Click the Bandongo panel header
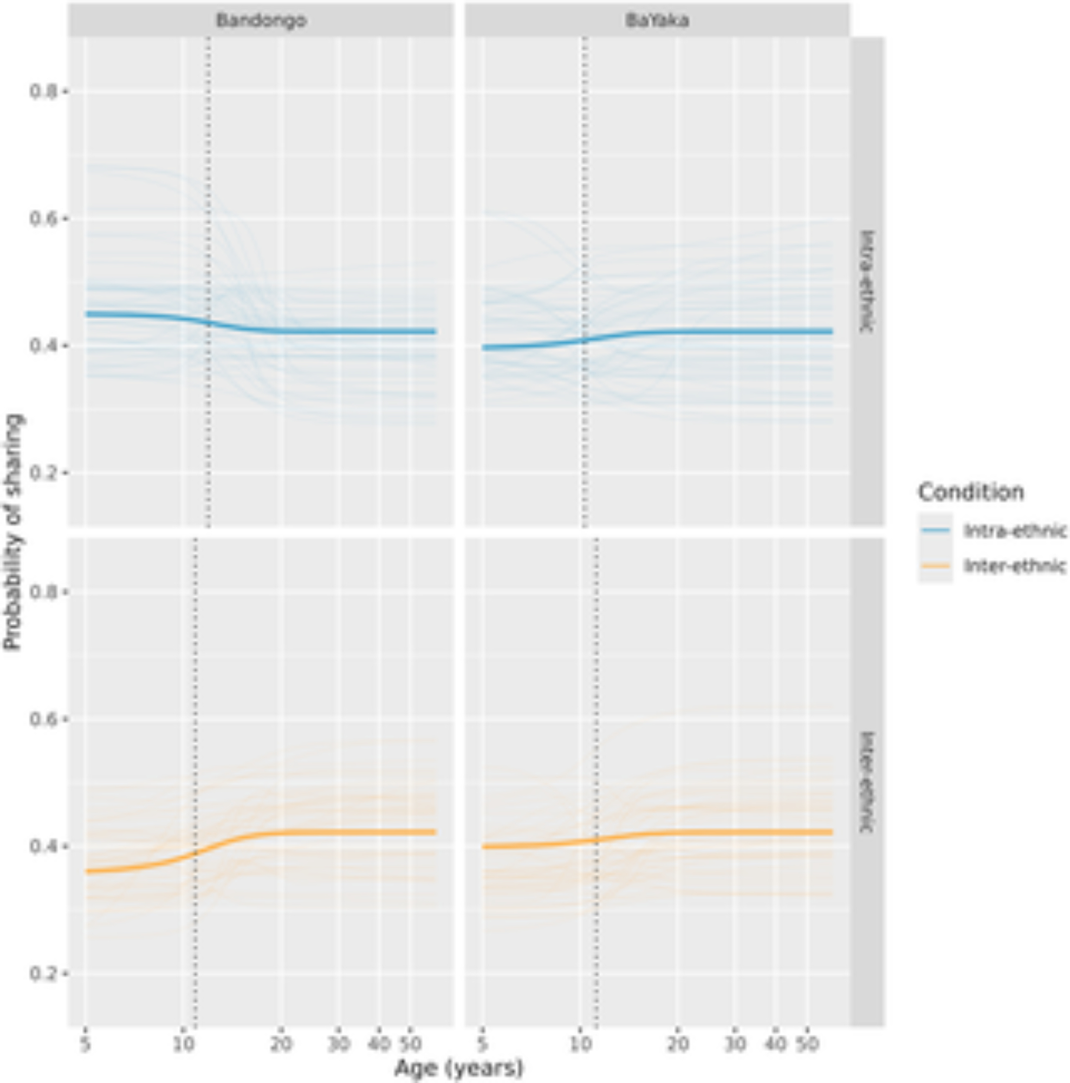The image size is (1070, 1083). click(x=261, y=21)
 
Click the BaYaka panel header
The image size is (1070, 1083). click(x=657, y=21)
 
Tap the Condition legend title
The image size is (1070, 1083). click(x=971, y=492)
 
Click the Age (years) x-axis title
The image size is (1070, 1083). click(x=459, y=1068)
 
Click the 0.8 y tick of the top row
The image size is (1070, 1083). click(x=44, y=91)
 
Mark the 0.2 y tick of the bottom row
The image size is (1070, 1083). click(x=44, y=974)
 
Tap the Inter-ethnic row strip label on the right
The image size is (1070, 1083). click(x=867, y=782)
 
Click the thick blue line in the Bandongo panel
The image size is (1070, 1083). click(x=336, y=331)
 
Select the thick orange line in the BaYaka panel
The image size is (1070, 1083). click(x=729, y=832)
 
